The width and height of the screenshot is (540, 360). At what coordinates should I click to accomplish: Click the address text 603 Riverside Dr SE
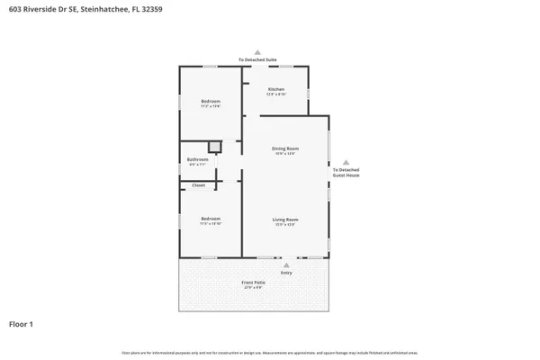click(x=40, y=8)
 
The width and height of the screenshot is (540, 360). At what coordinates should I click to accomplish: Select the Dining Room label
click(x=285, y=148)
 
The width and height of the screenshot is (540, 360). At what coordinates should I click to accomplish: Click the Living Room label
click(x=285, y=220)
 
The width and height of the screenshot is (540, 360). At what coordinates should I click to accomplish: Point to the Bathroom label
click(x=197, y=159)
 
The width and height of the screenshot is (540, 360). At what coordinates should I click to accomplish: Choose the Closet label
click(x=198, y=185)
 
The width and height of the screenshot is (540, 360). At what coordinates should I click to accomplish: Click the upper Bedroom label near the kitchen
click(x=211, y=101)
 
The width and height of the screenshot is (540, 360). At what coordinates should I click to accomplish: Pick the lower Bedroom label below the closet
click(x=211, y=219)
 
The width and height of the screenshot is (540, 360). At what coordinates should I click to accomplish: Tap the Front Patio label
click(x=253, y=283)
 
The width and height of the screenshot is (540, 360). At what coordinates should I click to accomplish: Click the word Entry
click(x=286, y=274)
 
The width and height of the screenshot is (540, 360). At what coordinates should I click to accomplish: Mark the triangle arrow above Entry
click(x=286, y=265)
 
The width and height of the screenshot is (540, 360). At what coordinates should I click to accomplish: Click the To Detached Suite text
click(x=257, y=60)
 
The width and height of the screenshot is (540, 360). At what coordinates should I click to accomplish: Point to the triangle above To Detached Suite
click(x=257, y=52)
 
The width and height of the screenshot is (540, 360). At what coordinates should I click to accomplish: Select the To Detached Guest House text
click(x=346, y=173)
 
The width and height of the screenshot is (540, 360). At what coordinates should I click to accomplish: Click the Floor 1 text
click(x=22, y=323)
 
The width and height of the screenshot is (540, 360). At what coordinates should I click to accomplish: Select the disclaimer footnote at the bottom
click(x=270, y=351)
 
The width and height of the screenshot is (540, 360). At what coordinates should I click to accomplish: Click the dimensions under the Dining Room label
click(x=285, y=154)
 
